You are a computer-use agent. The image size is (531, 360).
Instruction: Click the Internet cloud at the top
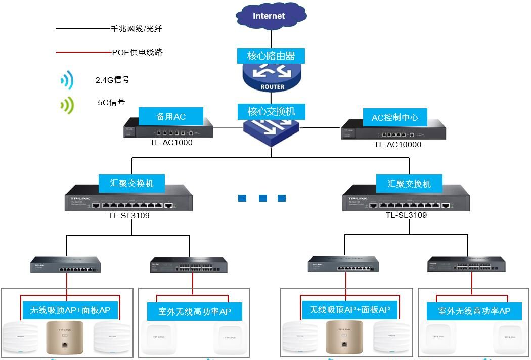pyautogui.click(x=270, y=16)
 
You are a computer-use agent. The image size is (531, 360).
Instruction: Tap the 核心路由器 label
pyautogui.click(x=271, y=56)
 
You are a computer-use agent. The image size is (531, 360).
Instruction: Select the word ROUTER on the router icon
pyautogui.click(x=272, y=87)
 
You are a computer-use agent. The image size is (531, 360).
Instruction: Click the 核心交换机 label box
pyautogui.click(x=271, y=111)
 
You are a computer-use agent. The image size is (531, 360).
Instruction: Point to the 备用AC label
pyautogui.click(x=171, y=117)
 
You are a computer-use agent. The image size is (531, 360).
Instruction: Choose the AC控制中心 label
pyautogui.click(x=394, y=118)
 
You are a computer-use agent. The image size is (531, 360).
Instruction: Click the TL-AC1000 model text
pyautogui.click(x=171, y=143)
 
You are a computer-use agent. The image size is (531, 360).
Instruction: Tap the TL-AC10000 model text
pyautogui.click(x=397, y=145)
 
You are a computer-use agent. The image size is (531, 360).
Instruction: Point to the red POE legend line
pyautogui.click(x=83, y=52)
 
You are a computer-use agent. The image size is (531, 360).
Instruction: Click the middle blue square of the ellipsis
pyautogui.click(x=262, y=198)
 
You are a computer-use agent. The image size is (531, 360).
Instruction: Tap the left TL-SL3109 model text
pyautogui.click(x=129, y=215)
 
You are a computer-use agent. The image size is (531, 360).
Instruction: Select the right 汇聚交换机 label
pyautogui.click(x=409, y=183)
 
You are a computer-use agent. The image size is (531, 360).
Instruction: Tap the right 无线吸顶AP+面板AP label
pyautogui.click(x=349, y=309)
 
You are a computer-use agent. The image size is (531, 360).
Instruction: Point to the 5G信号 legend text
pyautogui.click(x=111, y=102)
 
